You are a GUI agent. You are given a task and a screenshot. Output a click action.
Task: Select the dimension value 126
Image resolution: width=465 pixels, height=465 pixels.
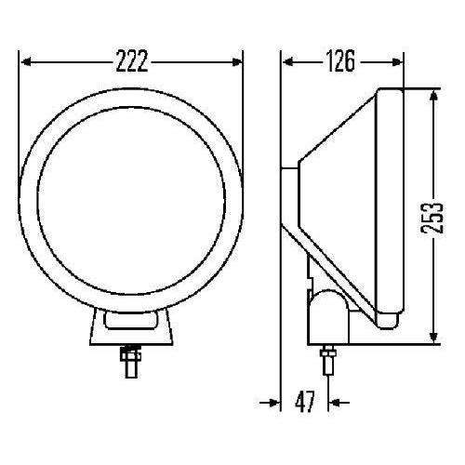click(x=340, y=62)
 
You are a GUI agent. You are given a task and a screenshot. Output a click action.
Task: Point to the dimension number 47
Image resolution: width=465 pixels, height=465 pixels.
click(x=304, y=403)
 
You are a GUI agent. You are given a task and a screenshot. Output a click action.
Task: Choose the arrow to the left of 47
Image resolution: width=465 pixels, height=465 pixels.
click(x=272, y=403)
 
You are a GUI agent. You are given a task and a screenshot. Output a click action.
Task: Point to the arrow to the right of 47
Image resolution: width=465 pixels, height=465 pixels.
click(x=338, y=403)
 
